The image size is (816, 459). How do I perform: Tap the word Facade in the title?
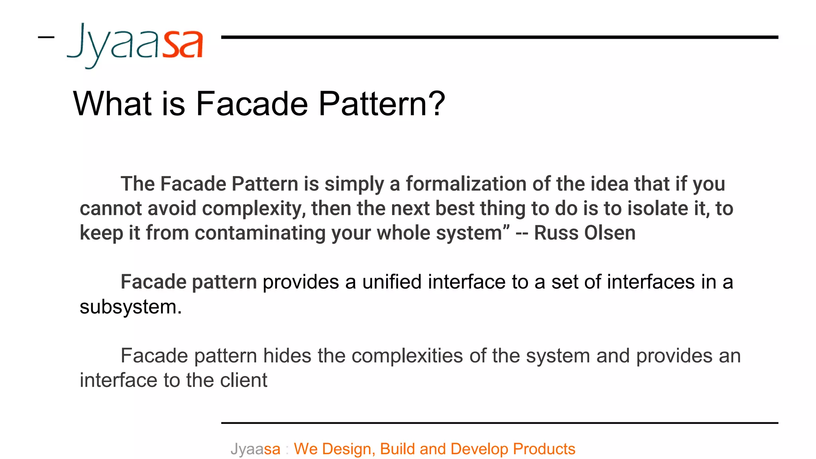252,104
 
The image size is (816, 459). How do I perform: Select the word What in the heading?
113,104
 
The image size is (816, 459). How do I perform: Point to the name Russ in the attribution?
551,233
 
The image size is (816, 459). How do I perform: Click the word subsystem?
130,307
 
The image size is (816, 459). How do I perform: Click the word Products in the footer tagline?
544,449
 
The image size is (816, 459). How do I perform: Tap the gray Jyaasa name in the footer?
255,449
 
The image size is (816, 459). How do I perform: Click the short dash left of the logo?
46,37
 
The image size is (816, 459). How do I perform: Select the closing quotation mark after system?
506,228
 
